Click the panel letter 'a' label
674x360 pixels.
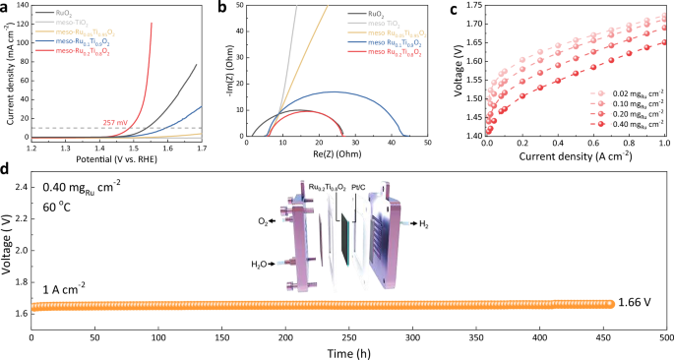point(6,7)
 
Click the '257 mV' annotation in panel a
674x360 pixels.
point(116,123)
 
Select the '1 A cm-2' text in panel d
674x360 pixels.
point(63,288)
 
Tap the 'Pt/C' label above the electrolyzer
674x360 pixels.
point(370,185)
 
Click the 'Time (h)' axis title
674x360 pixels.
point(348,351)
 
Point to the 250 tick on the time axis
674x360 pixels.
point(349,337)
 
